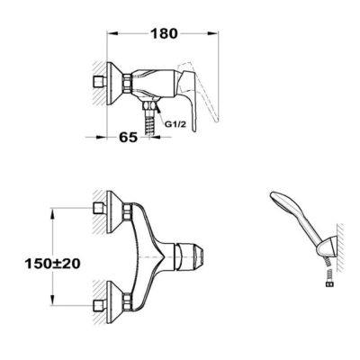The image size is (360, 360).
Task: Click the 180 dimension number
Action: (164, 33)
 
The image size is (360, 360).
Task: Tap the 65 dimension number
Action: (129, 138)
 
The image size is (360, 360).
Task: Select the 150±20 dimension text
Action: (52, 264)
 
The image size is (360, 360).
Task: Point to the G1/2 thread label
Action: (175, 124)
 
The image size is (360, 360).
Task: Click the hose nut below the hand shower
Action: (329, 284)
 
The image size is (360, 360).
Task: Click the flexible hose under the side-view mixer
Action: (148, 126)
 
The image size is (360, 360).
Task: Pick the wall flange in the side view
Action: (112, 84)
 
